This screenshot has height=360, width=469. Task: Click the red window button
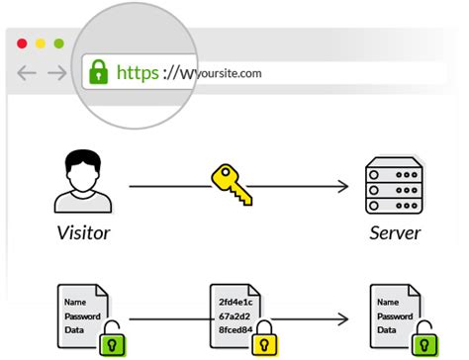click(22, 44)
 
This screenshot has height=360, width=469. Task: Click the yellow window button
click(40, 44)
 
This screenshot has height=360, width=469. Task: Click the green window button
click(58, 44)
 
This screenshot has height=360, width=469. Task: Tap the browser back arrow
click(27, 72)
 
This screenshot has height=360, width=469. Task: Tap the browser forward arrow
click(57, 72)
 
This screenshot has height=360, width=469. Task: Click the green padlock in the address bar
click(99, 72)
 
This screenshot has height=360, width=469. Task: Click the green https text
click(138, 72)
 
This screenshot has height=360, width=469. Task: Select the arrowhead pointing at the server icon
click(344, 186)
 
